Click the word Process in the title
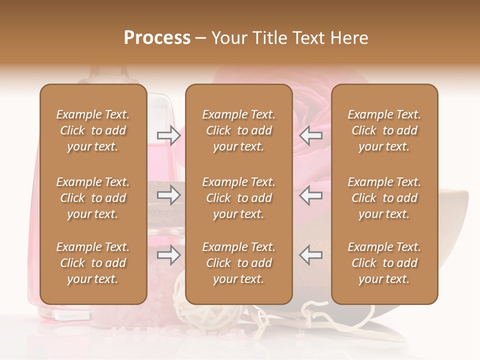point(157,38)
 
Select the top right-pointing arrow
point(169,135)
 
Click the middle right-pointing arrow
point(169,194)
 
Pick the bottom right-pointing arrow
point(169,255)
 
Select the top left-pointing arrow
point(311,135)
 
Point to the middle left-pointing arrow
point(311,194)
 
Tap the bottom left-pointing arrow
point(311,255)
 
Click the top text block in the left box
point(93,130)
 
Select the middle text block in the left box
point(93,198)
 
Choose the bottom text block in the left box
point(93,263)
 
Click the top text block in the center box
point(239,130)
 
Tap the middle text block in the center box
point(239,198)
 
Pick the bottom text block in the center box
point(239,263)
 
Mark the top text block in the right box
point(384,130)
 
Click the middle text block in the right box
point(384,198)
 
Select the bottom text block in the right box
point(384,263)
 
